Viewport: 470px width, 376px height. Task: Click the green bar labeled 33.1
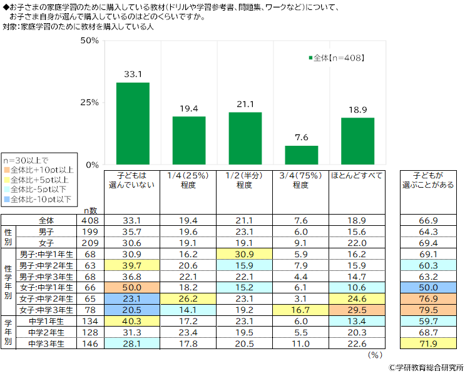(x=133, y=123)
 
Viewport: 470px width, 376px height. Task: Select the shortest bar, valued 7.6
(x=301, y=155)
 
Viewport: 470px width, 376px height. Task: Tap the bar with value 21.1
(x=245, y=138)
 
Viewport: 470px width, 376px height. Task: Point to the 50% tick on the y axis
(x=90, y=41)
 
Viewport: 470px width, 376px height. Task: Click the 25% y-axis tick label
(x=90, y=103)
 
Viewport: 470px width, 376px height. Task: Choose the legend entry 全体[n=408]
(x=337, y=58)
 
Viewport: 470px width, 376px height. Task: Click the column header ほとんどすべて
(x=357, y=175)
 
